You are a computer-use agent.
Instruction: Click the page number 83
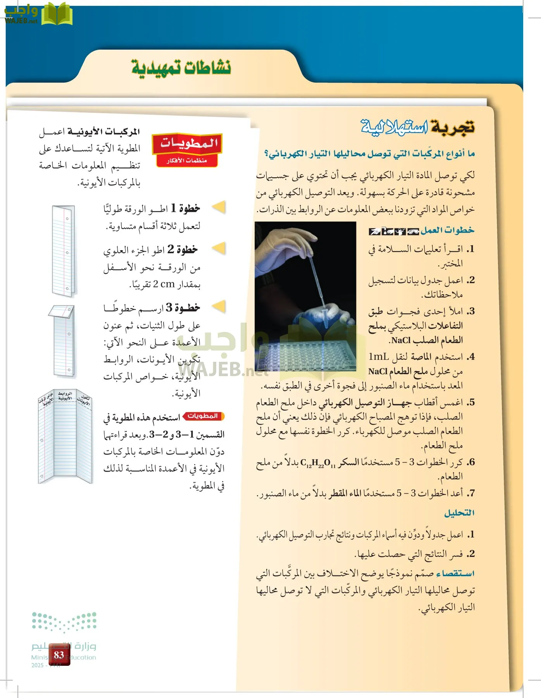coord(59,655)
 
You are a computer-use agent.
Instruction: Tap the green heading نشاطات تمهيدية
coord(181,67)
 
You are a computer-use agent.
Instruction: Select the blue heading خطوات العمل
coord(447,230)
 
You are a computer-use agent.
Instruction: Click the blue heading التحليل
coord(459,513)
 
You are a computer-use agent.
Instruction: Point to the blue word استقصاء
coord(455,574)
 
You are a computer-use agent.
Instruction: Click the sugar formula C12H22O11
coord(317,463)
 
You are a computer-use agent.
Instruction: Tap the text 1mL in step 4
coord(379,357)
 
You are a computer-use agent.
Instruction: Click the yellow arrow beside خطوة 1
coord(219,207)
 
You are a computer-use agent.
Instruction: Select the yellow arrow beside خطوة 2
coord(219,248)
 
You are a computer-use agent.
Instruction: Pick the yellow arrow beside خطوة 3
coord(219,307)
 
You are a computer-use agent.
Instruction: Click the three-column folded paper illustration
coord(65,436)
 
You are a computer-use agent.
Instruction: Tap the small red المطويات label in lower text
coord(203,416)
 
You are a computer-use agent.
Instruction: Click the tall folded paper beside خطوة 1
coord(63,251)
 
